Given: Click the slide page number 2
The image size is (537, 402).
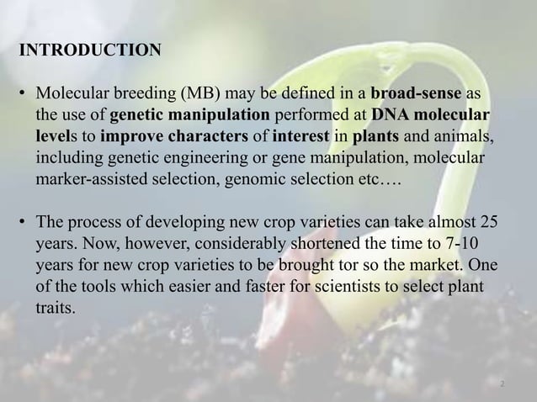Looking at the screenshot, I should (502, 383).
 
